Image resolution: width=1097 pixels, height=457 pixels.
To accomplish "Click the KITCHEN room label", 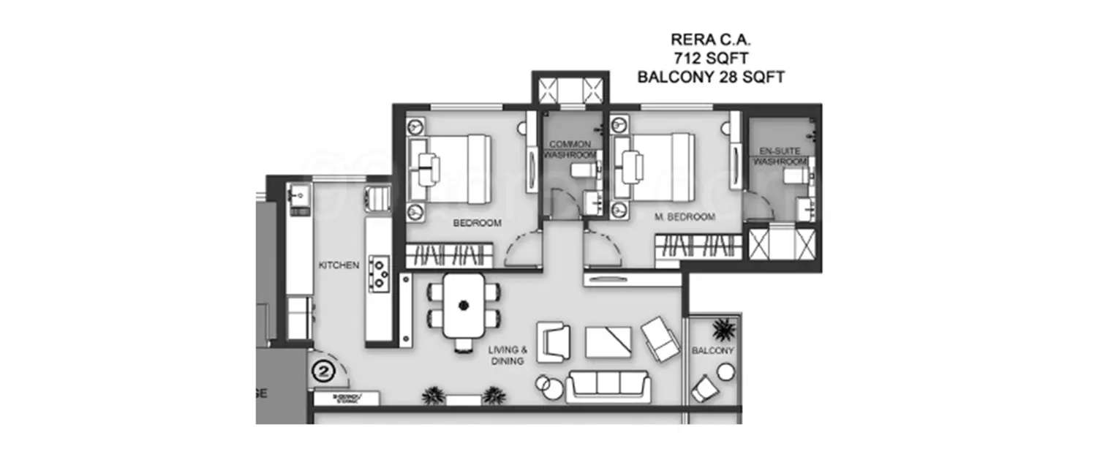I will click(339, 265).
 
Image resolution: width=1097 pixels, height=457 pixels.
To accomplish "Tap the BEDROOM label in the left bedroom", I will click(478, 223).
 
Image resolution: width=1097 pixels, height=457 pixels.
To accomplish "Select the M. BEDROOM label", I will click(685, 217).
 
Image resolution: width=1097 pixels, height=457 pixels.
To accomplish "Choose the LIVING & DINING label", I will click(508, 355).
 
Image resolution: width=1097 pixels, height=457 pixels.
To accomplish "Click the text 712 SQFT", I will click(711, 57).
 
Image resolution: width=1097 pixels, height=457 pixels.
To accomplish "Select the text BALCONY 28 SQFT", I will click(711, 77).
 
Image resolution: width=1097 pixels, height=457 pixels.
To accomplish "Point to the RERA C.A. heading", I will click(711, 38).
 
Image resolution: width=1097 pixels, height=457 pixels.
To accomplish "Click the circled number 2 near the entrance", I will click(324, 371).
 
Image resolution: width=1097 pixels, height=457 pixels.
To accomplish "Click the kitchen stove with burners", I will click(380, 271).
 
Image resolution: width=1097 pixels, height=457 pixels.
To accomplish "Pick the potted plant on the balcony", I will click(723, 330).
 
